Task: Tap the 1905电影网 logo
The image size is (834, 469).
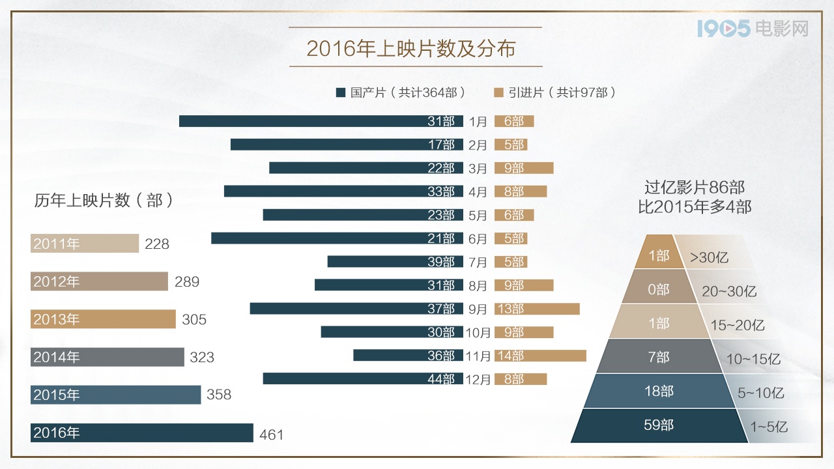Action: coord(752,29)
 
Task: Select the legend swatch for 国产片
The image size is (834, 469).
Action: coord(340,92)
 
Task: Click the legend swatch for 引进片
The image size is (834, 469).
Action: coord(498,92)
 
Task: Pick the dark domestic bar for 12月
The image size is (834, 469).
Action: coord(362,378)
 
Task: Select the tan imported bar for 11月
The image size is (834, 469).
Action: coord(540,355)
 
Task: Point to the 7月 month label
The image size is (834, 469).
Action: coord(478,262)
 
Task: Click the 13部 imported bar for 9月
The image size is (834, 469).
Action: coord(537,308)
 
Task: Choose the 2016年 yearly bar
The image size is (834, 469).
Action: coord(141,433)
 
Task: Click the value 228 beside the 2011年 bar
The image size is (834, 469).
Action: coord(157,244)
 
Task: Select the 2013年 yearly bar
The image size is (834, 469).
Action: coord(103,319)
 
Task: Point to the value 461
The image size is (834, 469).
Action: coord(272,434)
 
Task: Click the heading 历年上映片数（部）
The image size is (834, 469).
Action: coord(104,201)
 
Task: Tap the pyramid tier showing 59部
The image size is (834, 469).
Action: coord(658,425)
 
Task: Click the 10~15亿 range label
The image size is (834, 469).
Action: coord(754,359)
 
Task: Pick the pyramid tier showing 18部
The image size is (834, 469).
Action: coord(658,391)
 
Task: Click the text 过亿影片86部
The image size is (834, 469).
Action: coord(695,188)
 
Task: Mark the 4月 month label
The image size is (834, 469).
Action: coord(478,192)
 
